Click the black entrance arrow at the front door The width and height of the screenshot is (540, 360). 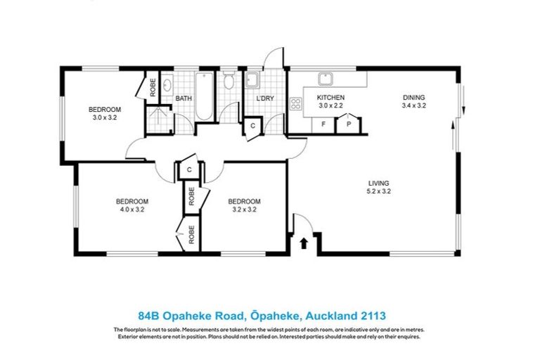(304, 243)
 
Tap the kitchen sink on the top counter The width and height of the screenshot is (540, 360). (326, 79)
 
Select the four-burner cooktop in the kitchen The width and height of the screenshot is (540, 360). (296, 105)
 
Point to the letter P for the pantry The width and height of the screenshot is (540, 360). (348, 124)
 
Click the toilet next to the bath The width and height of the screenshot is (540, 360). (229, 82)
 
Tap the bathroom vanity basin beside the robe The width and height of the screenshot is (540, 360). (167, 86)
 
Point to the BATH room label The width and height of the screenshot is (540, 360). (184, 98)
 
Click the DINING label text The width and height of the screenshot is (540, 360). (413, 97)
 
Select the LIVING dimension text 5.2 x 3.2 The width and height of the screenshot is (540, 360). (378, 191)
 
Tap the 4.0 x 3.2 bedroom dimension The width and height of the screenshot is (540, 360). (132, 209)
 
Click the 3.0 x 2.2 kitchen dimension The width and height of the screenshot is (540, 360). (330, 105)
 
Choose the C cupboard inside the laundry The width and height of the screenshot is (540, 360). (252, 126)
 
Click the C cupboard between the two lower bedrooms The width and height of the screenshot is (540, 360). (189, 169)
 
